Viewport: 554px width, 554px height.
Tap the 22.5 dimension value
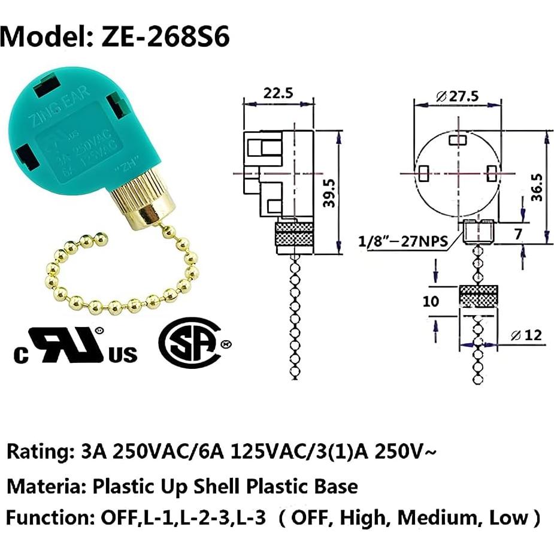[277, 93]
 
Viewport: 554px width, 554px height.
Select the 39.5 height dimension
[328, 192]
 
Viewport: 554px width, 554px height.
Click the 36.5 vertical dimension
[537, 186]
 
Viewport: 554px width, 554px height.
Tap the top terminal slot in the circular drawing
[459, 139]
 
